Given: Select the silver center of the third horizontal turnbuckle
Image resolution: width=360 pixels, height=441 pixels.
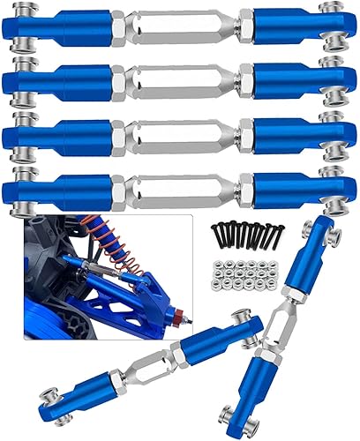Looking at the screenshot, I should (181, 133).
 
